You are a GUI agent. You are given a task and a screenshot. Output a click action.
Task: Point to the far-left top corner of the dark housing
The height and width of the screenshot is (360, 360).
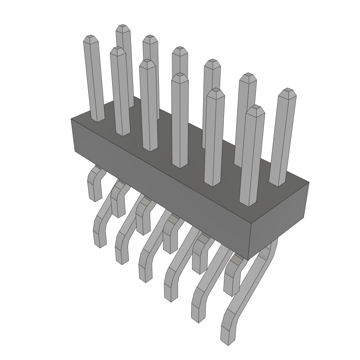click(x=71, y=119)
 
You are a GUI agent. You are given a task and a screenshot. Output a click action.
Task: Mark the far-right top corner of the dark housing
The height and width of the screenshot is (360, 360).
click(x=309, y=182)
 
